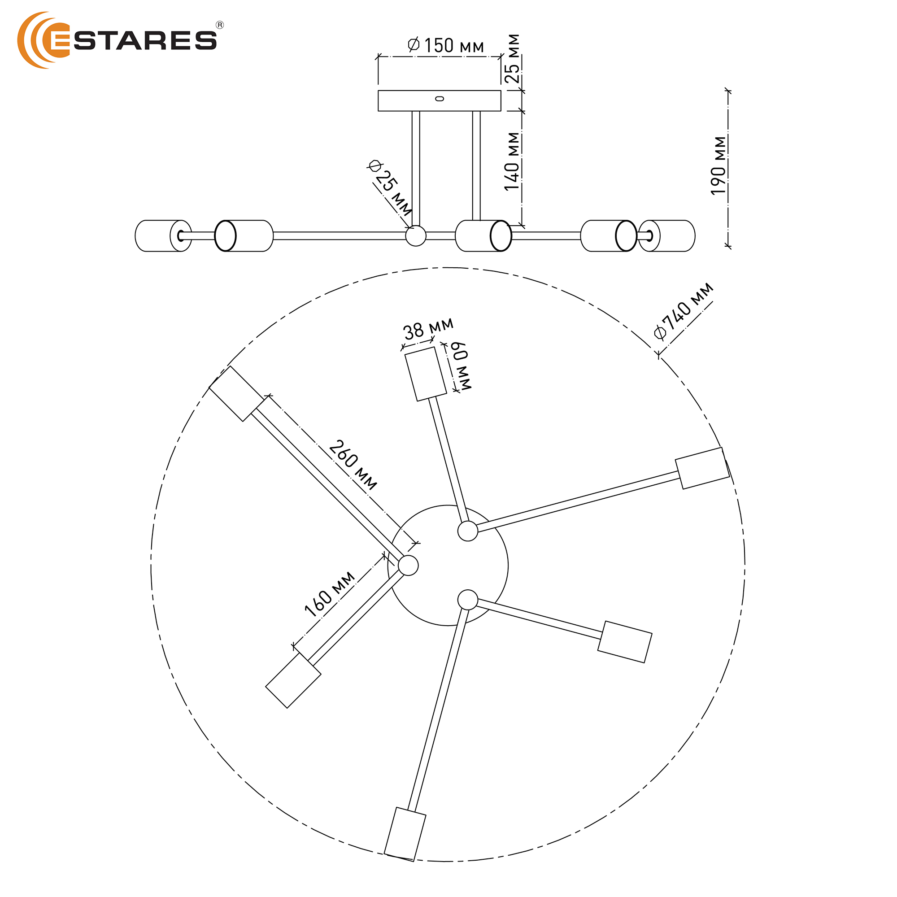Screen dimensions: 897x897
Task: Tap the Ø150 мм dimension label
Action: (446, 45)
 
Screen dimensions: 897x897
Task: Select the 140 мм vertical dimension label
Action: (512, 161)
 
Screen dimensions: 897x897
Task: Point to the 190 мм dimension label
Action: (718, 166)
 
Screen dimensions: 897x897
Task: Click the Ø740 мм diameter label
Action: (683, 311)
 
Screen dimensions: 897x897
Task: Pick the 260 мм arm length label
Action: (353, 465)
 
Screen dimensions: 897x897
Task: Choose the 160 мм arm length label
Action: (330, 594)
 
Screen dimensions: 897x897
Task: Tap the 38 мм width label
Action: (427, 329)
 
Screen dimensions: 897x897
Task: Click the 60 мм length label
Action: (460, 366)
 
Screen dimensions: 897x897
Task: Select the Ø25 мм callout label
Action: (390, 187)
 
